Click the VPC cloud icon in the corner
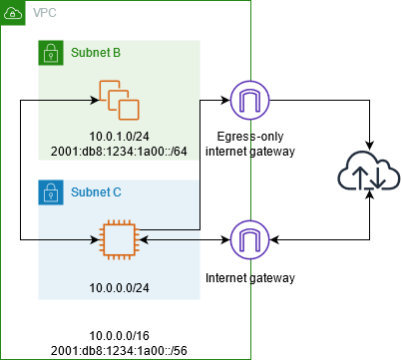click(13, 13)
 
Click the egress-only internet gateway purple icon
click(244, 101)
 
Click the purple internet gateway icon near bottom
click(244, 239)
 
